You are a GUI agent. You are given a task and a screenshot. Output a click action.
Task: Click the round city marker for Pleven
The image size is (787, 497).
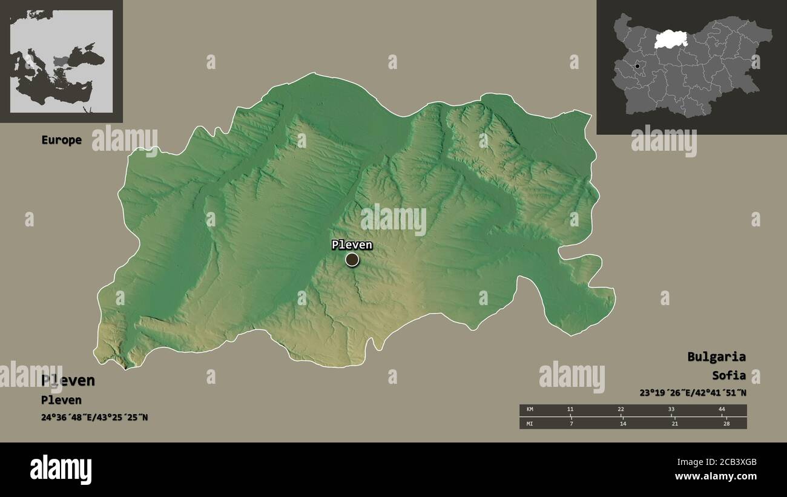[352, 260]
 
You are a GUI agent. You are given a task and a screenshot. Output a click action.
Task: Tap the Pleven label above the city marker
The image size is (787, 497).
[352, 245]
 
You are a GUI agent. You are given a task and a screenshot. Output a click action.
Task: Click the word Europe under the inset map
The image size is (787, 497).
[61, 140]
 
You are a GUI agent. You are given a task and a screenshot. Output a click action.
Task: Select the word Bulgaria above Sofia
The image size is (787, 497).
[716, 357]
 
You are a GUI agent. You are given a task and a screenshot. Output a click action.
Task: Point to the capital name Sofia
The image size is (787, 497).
[729, 375]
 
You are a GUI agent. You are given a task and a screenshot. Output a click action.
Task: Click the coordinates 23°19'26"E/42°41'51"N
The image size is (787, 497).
[693, 392]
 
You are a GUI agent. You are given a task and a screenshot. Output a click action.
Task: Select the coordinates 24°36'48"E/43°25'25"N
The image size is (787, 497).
[94, 417]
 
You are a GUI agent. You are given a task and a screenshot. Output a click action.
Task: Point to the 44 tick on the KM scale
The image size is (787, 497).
[722, 410]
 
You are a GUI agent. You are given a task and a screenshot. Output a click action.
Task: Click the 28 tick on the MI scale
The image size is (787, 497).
[726, 423]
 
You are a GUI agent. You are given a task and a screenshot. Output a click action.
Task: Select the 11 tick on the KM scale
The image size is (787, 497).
[570, 410]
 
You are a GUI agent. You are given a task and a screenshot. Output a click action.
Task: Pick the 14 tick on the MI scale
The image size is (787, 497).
[622, 423]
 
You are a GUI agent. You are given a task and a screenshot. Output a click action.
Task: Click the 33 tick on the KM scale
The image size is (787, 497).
[671, 410]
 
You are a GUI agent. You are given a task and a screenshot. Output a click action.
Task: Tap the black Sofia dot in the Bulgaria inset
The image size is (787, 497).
[637, 66]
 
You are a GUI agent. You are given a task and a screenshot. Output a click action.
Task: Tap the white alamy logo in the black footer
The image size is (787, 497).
[61, 469]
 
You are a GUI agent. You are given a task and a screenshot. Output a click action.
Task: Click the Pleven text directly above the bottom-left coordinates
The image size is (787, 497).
[61, 400]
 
